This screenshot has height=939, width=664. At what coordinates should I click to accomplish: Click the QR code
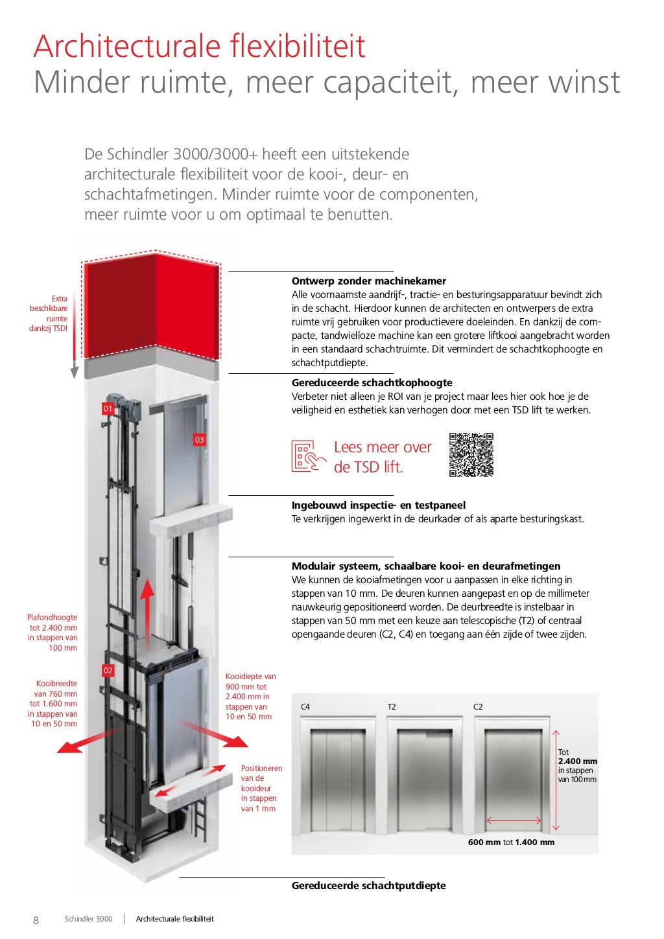471,455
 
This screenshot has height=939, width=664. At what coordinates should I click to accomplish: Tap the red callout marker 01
108,408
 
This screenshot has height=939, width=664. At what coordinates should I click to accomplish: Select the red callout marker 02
108,671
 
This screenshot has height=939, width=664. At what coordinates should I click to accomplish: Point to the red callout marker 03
199,440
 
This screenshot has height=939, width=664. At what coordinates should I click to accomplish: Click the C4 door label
305,707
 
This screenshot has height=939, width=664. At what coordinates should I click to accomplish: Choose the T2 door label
392,707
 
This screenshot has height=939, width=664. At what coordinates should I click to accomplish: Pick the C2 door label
478,707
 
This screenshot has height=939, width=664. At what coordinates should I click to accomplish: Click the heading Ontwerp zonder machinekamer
368,281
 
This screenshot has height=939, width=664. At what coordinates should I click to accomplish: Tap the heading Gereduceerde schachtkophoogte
372,383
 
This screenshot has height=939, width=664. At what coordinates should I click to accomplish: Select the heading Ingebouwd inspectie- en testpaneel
378,505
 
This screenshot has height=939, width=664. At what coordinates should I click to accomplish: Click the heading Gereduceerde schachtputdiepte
368,886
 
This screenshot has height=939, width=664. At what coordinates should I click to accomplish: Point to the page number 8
36,920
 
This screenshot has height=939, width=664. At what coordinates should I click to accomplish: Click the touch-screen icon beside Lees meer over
308,456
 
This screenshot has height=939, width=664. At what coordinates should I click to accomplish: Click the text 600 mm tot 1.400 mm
511,842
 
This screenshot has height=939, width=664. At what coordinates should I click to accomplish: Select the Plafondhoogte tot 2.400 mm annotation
53,632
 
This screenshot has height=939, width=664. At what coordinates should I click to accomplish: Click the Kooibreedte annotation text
54,703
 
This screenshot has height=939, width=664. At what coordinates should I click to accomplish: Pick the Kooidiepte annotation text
250,697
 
